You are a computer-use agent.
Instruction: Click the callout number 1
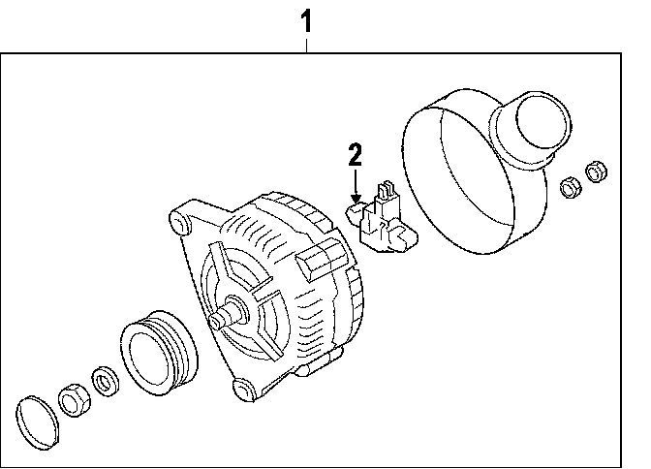pos(307,17)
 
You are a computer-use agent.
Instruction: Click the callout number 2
pos(356,154)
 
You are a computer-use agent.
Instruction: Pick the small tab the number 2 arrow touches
pos(356,208)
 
